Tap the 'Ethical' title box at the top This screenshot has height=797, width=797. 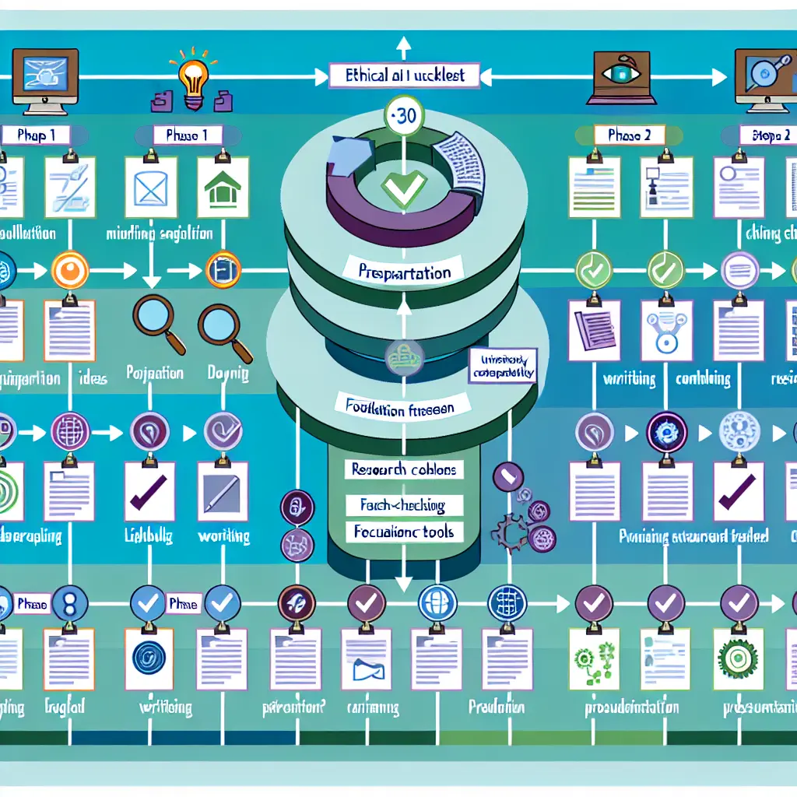click(403, 75)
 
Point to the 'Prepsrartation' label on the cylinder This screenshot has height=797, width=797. click(403, 273)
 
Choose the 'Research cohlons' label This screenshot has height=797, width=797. click(403, 469)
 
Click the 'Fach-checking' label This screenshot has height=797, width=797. click(403, 505)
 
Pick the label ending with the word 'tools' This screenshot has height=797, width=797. click(403, 533)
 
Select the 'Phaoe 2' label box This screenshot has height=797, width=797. click(628, 135)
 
